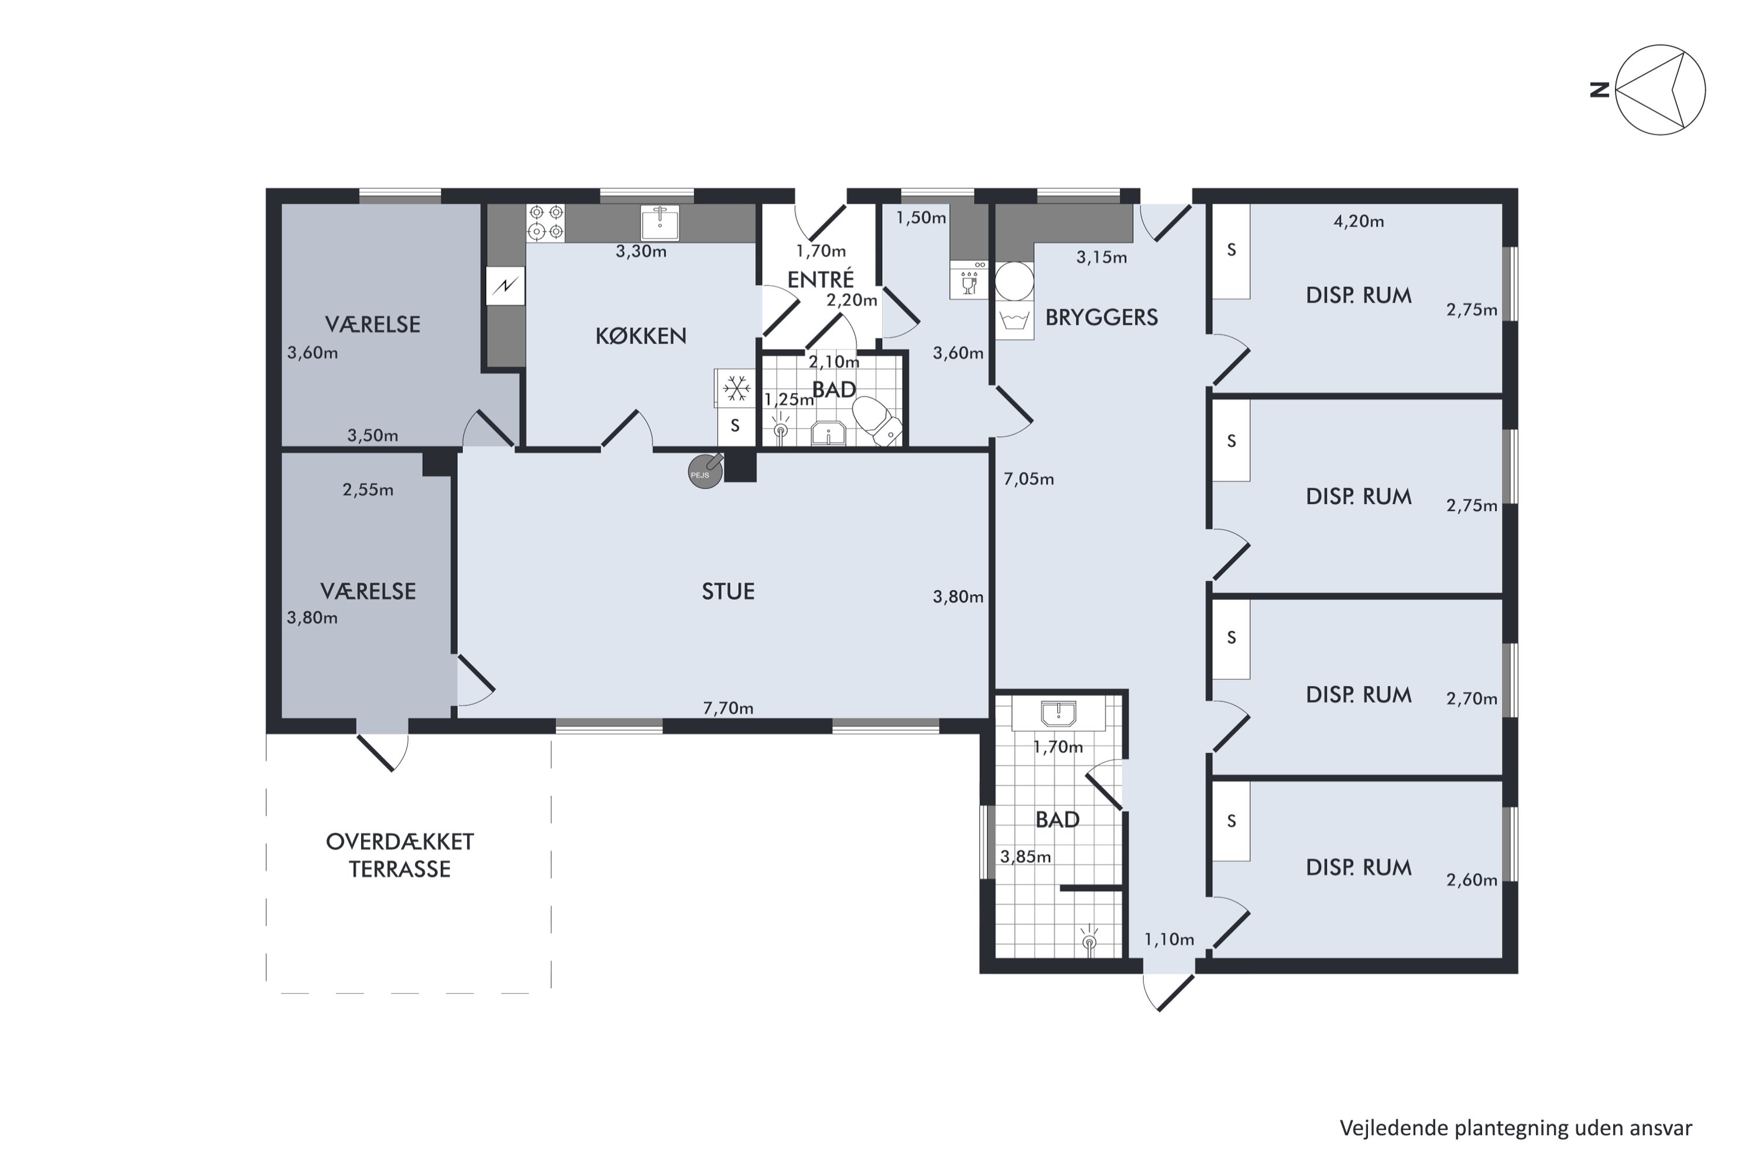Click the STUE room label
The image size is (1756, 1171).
point(728,591)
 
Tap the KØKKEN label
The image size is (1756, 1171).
point(640,336)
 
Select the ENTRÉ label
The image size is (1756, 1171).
point(821,279)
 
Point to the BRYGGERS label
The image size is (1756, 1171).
point(1101,317)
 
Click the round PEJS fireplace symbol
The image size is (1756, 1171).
point(705,472)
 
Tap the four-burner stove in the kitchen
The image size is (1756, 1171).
point(546,222)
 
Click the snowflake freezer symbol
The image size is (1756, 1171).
point(737,388)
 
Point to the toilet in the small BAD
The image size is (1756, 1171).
point(877,420)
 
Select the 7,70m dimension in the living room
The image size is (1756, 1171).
point(728,708)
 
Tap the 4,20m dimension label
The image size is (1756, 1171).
point(1359,221)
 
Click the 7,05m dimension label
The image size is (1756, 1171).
point(1029,479)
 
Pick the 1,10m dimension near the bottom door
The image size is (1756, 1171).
point(1169,940)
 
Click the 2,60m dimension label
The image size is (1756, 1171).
point(1472,880)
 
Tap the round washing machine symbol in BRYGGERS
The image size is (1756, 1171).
point(1014,281)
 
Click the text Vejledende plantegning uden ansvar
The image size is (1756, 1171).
point(1515,1128)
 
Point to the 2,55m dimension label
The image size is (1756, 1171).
point(368,490)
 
